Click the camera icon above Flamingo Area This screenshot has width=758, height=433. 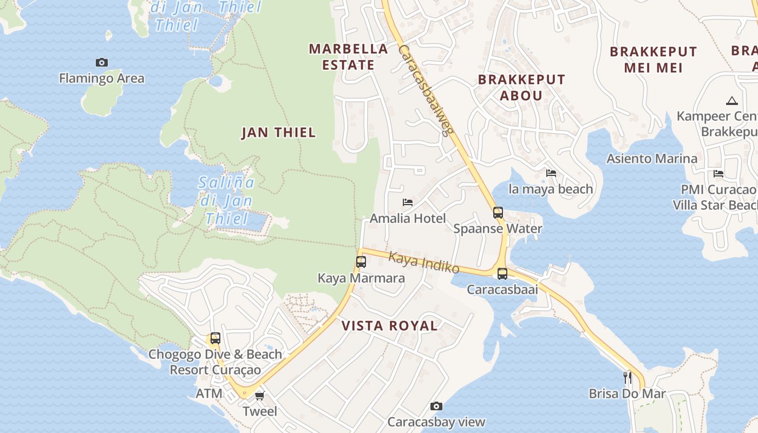point(101,62)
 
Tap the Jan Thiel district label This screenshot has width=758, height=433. point(278,133)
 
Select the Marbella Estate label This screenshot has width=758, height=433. point(349,57)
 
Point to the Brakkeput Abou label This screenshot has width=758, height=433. point(521,87)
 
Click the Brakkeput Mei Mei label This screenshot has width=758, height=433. point(654,60)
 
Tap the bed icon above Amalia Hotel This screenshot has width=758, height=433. point(408,202)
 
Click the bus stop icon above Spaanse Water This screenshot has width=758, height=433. point(498,212)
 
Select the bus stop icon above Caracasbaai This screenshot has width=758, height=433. point(502,273)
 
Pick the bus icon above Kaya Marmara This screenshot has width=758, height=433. point(361,262)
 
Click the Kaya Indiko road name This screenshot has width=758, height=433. point(424,263)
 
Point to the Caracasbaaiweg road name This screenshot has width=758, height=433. point(426,90)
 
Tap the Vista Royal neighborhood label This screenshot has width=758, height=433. point(389,326)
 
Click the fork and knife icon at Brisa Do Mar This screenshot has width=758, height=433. point(628,377)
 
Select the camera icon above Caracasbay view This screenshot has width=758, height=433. point(436,406)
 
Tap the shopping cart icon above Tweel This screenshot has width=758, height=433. point(260,396)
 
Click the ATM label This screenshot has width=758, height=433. point(209,393)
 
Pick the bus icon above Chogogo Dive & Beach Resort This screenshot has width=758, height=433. point(215,338)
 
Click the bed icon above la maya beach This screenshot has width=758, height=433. point(551,173)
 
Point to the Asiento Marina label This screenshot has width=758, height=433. point(652,159)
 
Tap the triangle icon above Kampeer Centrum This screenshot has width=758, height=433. point(731,101)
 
